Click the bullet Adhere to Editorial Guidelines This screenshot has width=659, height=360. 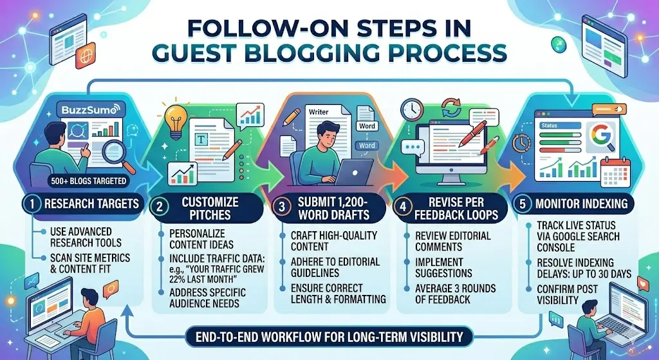335,267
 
